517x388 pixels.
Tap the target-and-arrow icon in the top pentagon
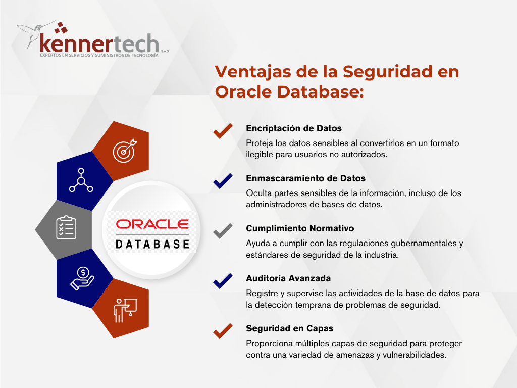pyautogui.click(x=125, y=151)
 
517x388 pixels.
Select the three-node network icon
pyautogui.click(x=81, y=180)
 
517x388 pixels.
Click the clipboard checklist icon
pyautogui.click(x=66, y=227)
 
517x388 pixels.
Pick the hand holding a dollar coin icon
pyautogui.click(x=82, y=278)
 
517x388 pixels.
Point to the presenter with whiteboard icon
pyautogui.click(x=125, y=310)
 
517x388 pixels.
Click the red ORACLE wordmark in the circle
pyautogui.click(x=152, y=224)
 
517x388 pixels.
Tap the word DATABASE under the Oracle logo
pyautogui.click(x=152, y=244)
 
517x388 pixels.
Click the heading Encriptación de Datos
pyautogui.click(x=294, y=128)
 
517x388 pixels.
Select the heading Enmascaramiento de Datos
pyautogui.click(x=305, y=178)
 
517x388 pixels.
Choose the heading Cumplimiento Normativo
pyautogui.click(x=300, y=228)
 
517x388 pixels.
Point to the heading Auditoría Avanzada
pyautogui.click(x=288, y=278)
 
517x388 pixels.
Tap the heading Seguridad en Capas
pyautogui.click(x=289, y=328)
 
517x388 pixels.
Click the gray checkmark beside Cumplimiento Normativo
pyautogui.click(x=223, y=231)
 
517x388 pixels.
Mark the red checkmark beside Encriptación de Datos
pyautogui.click(x=223, y=131)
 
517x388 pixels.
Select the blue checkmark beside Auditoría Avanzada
pyautogui.click(x=223, y=281)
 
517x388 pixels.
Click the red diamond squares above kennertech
pyautogui.click(x=61, y=28)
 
